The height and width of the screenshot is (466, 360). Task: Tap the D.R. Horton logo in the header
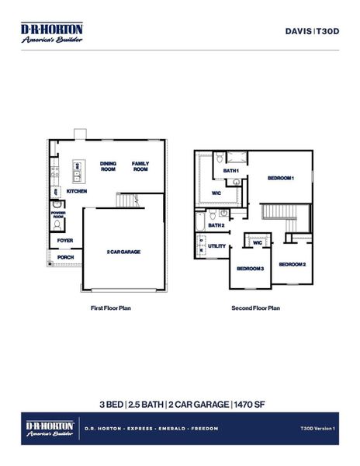[52, 32]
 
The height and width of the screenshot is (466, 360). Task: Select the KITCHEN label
[76, 191]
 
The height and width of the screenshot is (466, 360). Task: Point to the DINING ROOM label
[108, 166]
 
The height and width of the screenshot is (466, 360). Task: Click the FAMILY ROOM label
[140, 166]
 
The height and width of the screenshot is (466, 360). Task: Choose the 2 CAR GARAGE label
[123, 252]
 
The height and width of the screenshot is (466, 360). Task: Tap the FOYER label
[65, 241]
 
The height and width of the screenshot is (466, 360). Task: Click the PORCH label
[65, 257]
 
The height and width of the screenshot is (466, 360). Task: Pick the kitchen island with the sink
[78, 166]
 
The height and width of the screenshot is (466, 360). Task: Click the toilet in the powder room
[58, 224]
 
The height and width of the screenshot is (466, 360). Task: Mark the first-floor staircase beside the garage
[126, 201]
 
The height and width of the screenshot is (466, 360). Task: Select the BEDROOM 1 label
[281, 178]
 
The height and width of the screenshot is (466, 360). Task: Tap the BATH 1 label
[231, 170]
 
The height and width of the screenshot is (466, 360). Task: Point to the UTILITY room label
[216, 246]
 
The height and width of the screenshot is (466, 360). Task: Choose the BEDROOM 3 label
[250, 268]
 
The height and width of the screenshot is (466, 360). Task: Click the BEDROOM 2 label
[292, 264]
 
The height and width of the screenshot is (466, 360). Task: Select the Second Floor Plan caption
[255, 308]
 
